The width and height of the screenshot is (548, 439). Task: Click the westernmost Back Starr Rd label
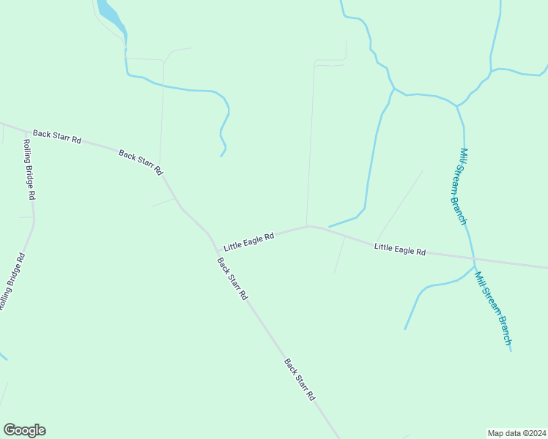click(x=56, y=137)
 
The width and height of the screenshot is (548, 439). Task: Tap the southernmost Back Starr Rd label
click(x=300, y=379)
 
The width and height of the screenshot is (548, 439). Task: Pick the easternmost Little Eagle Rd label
click(x=399, y=249)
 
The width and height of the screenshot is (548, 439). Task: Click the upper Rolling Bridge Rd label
click(x=29, y=170)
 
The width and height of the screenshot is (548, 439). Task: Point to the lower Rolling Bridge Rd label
click(x=12, y=282)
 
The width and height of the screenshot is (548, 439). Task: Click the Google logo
click(x=24, y=430)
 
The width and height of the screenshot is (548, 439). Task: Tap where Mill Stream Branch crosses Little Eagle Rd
click(x=474, y=260)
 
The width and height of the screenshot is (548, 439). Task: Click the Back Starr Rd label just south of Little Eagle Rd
click(x=232, y=279)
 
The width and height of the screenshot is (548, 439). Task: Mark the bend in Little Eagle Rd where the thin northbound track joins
click(x=307, y=226)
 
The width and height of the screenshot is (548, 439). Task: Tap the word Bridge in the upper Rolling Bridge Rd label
click(x=29, y=173)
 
